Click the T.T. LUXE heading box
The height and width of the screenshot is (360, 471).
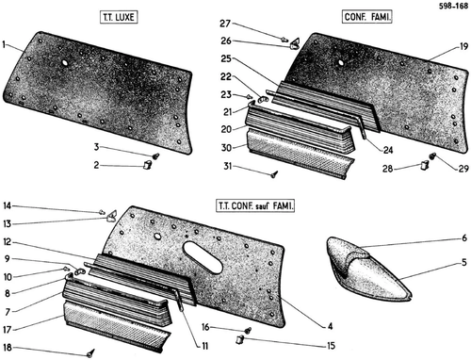[119, 17]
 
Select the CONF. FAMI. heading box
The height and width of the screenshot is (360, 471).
[367, 16]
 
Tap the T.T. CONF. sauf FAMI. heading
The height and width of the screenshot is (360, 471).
[255, 206]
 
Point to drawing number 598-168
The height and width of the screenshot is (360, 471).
[453, 6]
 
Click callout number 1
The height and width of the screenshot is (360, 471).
[4, 44]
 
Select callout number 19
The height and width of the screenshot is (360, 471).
[463, 47]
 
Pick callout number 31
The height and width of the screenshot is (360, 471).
[228, 166]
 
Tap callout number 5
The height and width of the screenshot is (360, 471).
[464, 262]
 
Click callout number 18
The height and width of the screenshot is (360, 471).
[8, 347]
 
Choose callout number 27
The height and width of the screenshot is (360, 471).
[225, 24]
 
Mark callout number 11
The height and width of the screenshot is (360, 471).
[204, 346]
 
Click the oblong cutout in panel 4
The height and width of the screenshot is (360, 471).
[203, 257]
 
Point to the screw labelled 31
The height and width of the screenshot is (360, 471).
[274, 173]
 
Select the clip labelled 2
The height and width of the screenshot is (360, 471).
[147, 164]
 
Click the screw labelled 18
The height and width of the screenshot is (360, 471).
[90, 352]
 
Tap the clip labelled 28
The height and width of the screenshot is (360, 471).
[425, 165]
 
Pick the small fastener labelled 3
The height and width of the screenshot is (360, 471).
[156, 155]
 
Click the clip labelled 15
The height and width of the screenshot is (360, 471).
[240, 339]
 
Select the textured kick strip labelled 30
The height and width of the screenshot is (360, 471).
[300, 154]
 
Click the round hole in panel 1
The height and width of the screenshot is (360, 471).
[65, 63]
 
